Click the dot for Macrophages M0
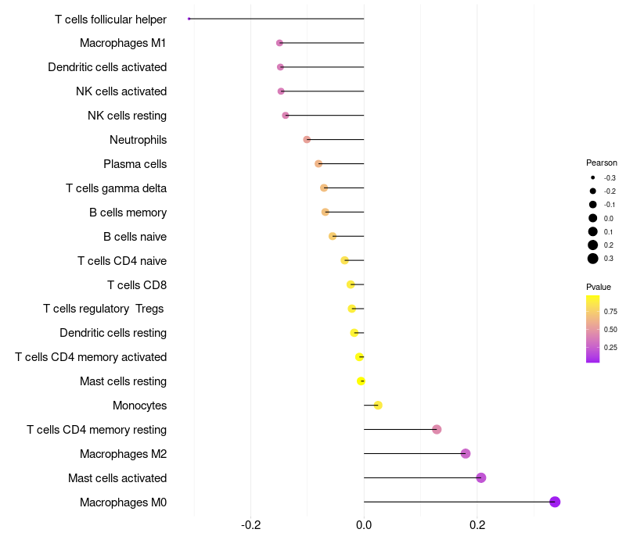coord(555,502)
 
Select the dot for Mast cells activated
coord(481,477)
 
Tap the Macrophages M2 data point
coord(466,453)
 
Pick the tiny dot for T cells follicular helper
coord(189,19)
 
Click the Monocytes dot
coord(378,405)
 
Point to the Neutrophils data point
coord(307,139)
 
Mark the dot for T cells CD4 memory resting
coord(437,429)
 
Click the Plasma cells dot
coord(318,163)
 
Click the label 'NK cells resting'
coord(127,116)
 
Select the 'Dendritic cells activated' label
coord(107,67)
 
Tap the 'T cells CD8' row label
coord(137,284)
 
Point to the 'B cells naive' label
coord(135,236)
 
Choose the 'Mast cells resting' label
coord(123,381)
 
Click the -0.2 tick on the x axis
coord(250,524)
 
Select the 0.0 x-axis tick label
coord(364,524)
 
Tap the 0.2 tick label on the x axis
coord(477,524)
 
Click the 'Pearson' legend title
coord(601,163)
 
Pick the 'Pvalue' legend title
coord(599,287)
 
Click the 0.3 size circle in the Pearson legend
coord(593,259)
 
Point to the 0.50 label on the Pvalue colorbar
coord(610,329)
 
